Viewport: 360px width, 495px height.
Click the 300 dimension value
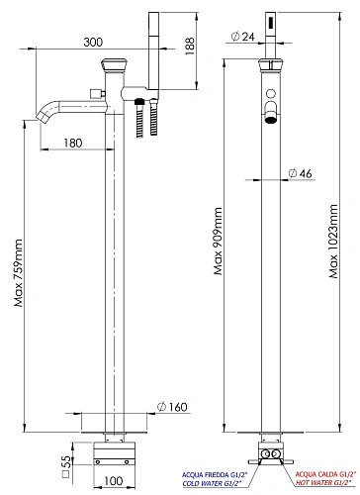(x=93, y=43)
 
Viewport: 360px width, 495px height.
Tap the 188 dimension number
(x=190, y=46)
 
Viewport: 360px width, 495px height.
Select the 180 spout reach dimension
(x=73, y=143)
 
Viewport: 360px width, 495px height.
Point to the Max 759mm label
(x=19, y=273)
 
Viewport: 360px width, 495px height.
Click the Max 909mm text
(x=218, y=242)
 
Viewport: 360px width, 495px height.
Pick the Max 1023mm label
(x=333, y=242)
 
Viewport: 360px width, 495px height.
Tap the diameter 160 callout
(x=172, y=407)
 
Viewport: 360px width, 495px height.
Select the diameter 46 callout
(x=300, y=173)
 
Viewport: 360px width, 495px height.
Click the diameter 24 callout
(x=243, y=37)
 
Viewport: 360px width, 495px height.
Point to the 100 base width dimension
(x=114, y=481)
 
